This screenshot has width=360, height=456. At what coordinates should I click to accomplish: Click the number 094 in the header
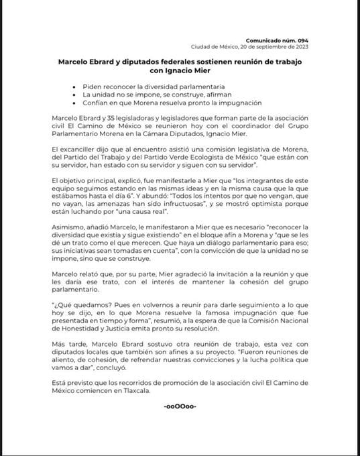[302, 41]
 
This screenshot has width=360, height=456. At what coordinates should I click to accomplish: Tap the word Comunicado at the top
[264, 41]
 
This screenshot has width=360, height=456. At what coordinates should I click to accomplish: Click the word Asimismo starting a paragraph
[71, 228]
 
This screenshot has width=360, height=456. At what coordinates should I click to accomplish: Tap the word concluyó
[129, 367]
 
